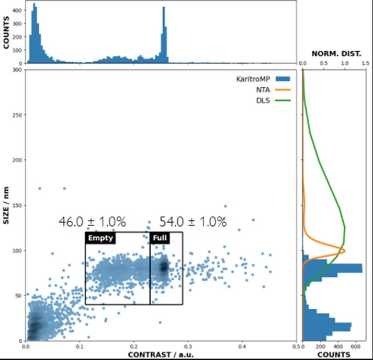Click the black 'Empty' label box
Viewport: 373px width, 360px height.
coord(100,238)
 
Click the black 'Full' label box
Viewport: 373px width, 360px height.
coord(159,238)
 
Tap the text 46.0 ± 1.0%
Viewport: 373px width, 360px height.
coord(92,222)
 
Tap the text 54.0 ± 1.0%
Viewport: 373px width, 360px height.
coord(193,222)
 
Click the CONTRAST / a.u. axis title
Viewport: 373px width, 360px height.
coord(161,355)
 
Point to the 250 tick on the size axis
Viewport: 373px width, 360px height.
coord(17,115)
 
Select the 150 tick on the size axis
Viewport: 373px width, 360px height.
coord(17,205)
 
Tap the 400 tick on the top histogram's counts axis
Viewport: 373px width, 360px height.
coord(17,10)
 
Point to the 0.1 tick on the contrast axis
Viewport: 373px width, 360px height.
coord(80,346)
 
